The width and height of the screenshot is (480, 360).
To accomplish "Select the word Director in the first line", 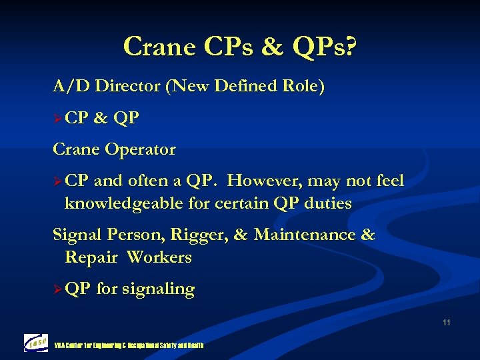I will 130,86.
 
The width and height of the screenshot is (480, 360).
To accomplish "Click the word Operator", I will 141,149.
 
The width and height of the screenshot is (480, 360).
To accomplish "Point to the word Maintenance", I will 305,235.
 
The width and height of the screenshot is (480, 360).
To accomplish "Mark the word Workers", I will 159,257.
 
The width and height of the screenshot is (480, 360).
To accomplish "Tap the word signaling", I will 158,289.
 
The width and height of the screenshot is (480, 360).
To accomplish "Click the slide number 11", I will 445,323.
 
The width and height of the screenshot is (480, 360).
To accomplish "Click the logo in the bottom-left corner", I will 36,343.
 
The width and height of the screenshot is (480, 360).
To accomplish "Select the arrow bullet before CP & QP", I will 58,119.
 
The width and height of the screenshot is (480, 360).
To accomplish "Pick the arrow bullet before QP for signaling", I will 58,290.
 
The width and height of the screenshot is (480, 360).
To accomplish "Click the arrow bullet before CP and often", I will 58,182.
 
